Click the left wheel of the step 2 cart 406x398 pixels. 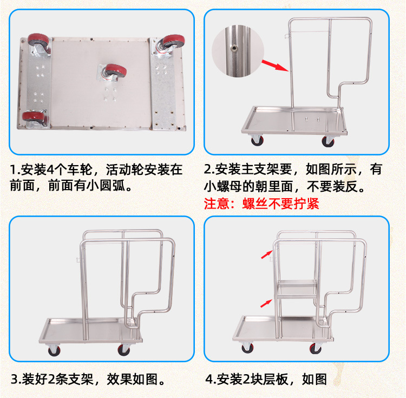click(256, 141)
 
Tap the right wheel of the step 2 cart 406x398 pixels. click(328, 141)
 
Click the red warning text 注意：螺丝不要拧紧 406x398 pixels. click(261, 204)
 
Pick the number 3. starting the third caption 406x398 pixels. click(16, 377)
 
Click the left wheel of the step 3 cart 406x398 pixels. click(53, 350)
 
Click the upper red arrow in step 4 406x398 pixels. click(266, 253)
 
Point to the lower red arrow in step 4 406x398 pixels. click(266, 304)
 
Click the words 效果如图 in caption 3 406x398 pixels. click(129, 377)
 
